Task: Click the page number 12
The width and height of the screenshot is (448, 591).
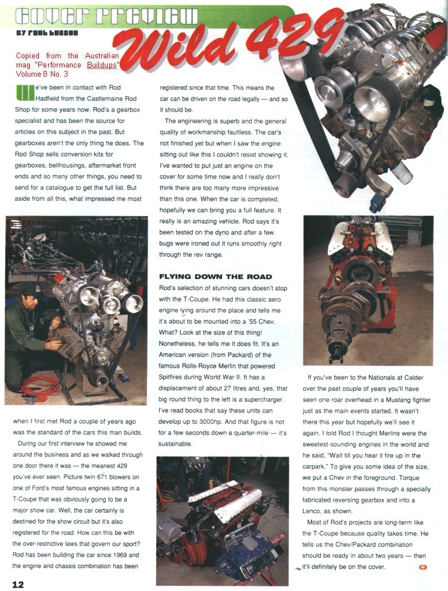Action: [18, 584]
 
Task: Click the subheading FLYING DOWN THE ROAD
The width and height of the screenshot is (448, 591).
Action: [215, 276]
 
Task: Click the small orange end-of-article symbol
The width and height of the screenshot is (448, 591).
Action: [423, 567]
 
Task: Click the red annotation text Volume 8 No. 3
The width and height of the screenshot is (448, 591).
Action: [42, 74]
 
